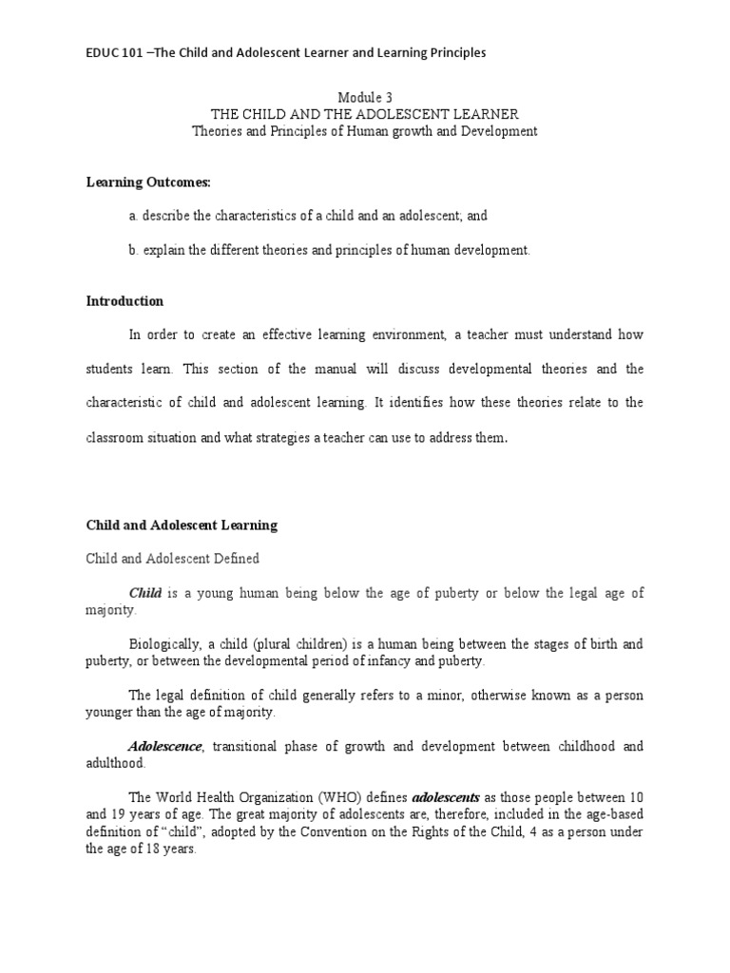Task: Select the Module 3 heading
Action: (365, 98)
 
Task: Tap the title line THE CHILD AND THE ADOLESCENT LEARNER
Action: (365, 114)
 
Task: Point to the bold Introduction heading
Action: (125, 301)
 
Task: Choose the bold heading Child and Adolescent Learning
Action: (182, 525)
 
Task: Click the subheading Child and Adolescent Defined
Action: (173, 559)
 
